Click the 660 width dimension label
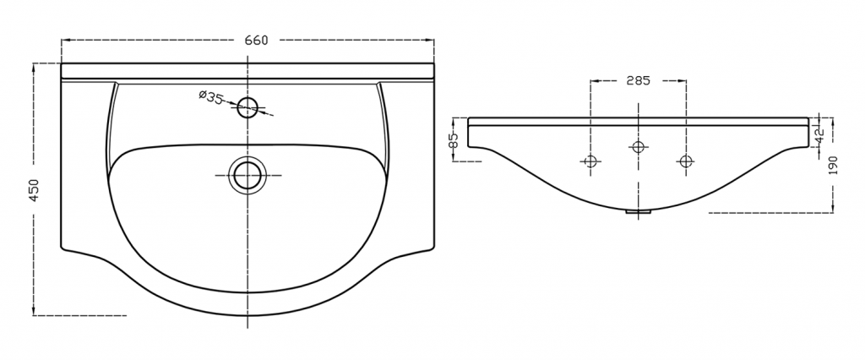point(257,41)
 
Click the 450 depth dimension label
point(34,190)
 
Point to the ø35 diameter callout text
point(210,97)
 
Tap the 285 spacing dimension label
point(639,80)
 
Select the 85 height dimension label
point(454,141)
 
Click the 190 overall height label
point(833,166)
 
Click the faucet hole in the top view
point(248,106)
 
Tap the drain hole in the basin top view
point(248,175)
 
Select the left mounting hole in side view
point(590,161)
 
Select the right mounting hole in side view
point(686,161)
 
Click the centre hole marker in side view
point(639,147)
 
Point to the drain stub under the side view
point(639,211)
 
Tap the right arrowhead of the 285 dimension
point(682,80)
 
